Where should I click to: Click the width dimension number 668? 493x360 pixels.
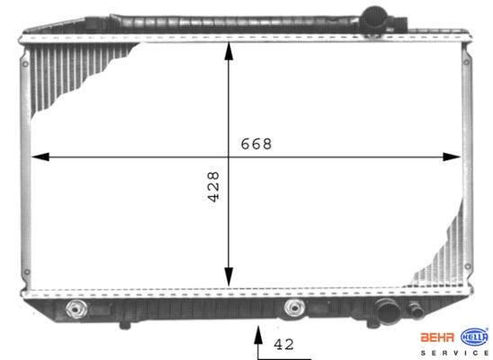pos(255,144)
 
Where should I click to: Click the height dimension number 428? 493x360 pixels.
pos(214,186)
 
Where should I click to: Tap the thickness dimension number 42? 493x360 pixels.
pos(283,345)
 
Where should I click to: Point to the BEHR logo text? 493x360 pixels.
pos(437,337)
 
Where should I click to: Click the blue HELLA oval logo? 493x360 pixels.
pos(475,337)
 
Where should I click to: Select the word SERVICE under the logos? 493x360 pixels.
pos(454,354)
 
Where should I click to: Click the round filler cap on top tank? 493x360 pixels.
pos(374,18)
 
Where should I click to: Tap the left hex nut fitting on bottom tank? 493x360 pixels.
pos(76,309)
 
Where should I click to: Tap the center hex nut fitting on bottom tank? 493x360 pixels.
pos(294,308)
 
